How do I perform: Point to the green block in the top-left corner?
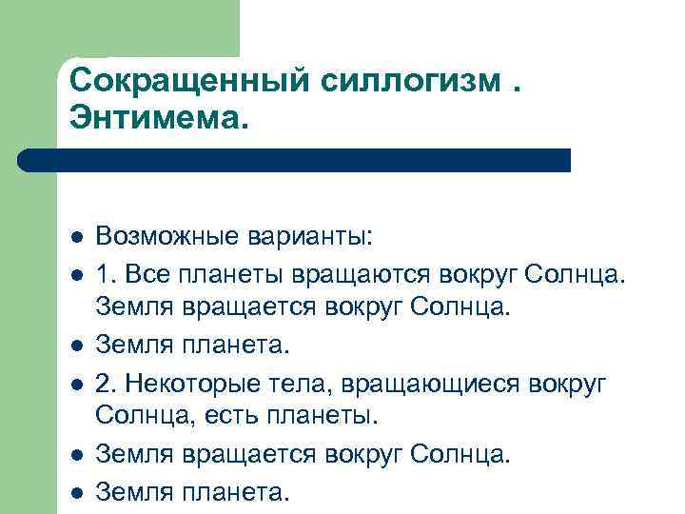[x=119, y=29]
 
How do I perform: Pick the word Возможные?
[x=167, y=235]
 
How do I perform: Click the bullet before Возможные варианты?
[x=76, y=236]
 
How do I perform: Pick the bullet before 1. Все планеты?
[x=76, y=274]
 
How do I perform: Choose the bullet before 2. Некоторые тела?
[x=76, y=384]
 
